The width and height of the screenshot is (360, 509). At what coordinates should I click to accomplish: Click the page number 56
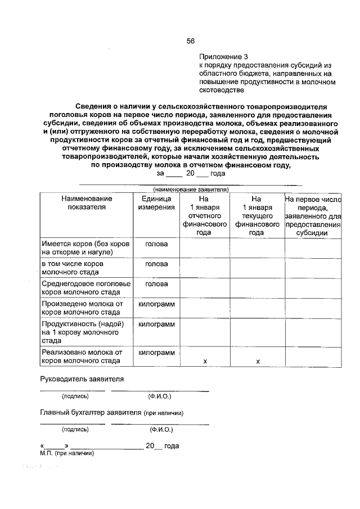coord(191,40)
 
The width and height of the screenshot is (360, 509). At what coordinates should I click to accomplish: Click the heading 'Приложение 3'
coord(223,57)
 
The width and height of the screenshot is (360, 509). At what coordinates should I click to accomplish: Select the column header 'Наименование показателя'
coord(87,202)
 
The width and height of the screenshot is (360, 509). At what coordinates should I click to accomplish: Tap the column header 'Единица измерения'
coord(156,202)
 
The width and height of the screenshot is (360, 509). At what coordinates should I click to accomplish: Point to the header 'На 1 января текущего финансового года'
coord(256,215)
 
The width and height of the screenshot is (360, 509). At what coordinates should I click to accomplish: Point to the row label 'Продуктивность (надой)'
coord(82,332)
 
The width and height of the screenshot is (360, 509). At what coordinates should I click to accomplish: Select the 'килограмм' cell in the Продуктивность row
coord(156,325)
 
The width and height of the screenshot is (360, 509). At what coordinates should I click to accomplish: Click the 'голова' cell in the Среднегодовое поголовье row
coord(156,284)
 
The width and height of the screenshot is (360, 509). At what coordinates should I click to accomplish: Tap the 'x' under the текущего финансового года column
coord(257,361)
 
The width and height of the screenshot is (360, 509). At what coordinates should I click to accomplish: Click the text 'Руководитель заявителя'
coord(82,379)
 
